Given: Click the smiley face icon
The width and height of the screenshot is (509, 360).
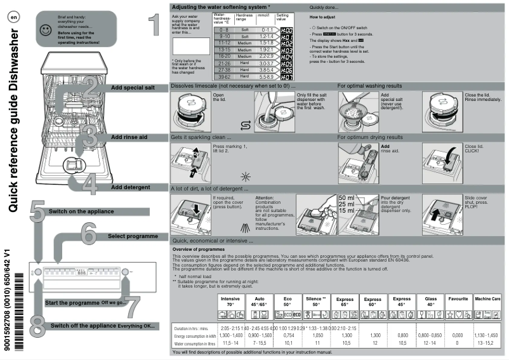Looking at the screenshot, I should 44,30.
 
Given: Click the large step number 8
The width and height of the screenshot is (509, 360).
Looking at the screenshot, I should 37,325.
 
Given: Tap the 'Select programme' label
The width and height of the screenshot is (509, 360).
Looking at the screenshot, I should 133,236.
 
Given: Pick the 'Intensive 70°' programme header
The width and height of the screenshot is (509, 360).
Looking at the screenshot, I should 230,302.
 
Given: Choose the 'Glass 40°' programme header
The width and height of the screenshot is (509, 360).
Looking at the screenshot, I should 430,302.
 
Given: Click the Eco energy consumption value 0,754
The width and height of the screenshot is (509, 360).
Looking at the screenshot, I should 288,335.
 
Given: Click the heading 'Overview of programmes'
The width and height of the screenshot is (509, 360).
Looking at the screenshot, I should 201,250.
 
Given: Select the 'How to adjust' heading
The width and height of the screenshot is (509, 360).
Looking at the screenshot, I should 323,18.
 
